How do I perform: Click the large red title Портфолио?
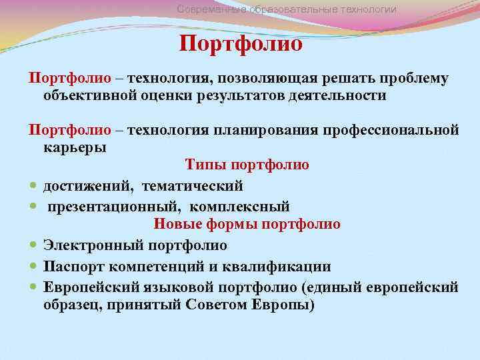pyautogui.click(x=241, y=44)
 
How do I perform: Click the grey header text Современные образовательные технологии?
pyautogui.click(x=287, y=9)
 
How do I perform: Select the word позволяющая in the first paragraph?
pyautogui.click(x=263, y=79)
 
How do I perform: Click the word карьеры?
pyautogui.click(x=75, y=147)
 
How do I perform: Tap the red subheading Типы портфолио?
pyautogui.click(x=247, y=164)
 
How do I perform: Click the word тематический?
pyautogui.click(x=201, y=185)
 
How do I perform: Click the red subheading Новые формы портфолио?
pyautogui.click(x=247, y=224)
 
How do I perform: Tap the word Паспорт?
pyautogui.click(x=73, y=267)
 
